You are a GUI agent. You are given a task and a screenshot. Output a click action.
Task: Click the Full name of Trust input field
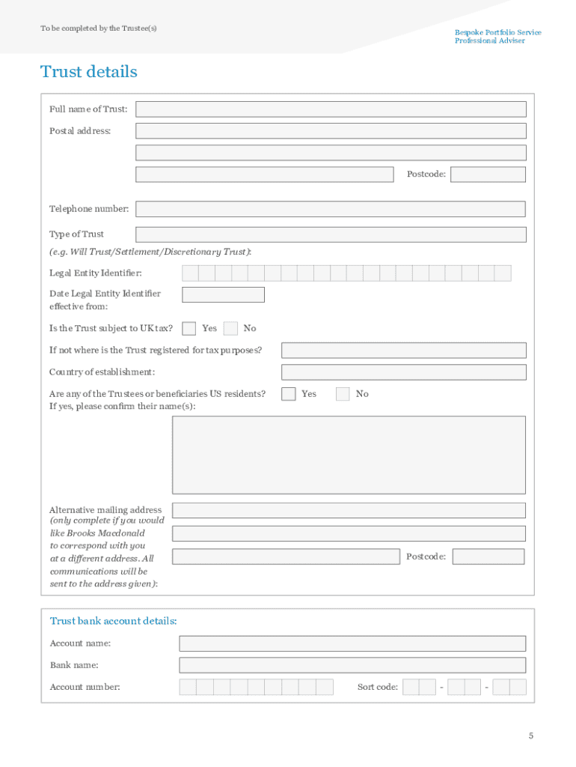(x=331, y=109)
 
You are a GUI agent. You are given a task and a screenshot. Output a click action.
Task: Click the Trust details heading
(x=89, y=72)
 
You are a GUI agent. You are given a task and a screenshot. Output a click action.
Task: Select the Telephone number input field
(x=331, y=209)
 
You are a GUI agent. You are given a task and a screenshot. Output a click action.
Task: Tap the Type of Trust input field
(x=331, y=234)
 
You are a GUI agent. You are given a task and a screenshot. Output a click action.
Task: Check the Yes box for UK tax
(x=189, y=328)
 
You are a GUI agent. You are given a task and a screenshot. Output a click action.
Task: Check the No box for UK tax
(x=230, y=328)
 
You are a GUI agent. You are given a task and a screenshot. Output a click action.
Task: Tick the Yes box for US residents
(x=289, y=394)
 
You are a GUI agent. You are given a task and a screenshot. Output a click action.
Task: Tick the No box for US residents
(x=343, y=394)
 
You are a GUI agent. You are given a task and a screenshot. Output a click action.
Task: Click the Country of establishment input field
(x=403, y=372)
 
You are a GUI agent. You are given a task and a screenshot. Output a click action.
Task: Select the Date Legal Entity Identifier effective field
(x=223, y=294)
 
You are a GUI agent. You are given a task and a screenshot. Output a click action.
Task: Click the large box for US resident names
(x=349, y=455)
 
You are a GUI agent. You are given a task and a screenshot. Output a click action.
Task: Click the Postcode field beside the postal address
(x=488, y=175)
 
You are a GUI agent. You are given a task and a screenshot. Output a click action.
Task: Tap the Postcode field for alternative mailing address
(x=488, y=557)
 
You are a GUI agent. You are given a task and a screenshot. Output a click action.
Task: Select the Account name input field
(x=352, y=643)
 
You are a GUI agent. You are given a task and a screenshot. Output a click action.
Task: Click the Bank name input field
(x=352, y=665)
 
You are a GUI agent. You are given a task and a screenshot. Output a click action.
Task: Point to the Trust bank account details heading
(x=114, y=621)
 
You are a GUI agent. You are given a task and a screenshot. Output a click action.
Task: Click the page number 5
(x=531, y=736)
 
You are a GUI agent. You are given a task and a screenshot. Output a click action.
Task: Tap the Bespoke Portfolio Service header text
(x=497, y=33)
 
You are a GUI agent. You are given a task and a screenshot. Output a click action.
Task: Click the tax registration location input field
(x=403, y=351)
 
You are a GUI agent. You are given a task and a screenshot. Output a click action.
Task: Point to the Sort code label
(x=378, y=687)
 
